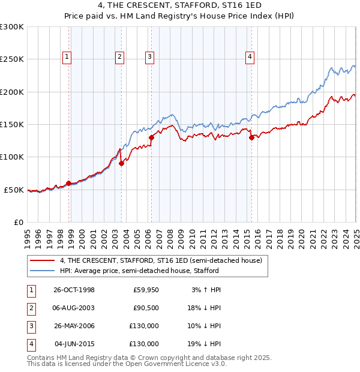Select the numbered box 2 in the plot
pos(119,57)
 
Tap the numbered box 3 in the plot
pos(149,57)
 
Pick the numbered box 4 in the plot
pos(249,57)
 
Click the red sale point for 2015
pos(251,137)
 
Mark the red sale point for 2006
pos(152,137)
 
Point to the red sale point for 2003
pos(121,163)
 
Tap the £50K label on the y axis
pos(14,190)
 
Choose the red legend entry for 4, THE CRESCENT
pos(161,261)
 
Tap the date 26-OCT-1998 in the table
pos(74,290)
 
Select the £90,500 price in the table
pos(146,308)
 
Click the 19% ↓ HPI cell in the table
pos(206,344)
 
